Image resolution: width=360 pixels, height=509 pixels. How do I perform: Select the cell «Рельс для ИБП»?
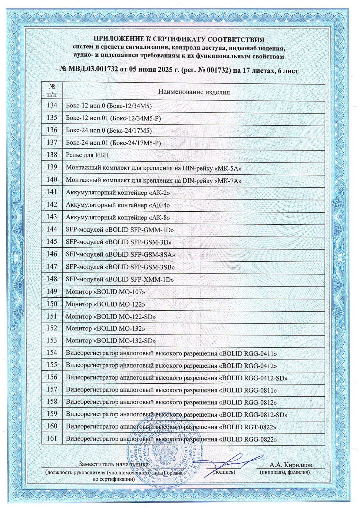(87, 155)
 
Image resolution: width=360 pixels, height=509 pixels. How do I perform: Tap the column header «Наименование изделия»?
(194, 92)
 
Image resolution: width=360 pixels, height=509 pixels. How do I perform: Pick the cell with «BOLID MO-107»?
(105, 292)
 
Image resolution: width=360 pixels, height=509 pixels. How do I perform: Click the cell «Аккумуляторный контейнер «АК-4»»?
(118, 205)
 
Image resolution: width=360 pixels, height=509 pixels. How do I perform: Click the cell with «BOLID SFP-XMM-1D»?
(120, 279)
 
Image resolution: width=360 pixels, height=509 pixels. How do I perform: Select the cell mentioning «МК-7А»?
(154, 181)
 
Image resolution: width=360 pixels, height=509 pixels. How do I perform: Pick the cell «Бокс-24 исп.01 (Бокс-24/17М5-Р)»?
(113, 143)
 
